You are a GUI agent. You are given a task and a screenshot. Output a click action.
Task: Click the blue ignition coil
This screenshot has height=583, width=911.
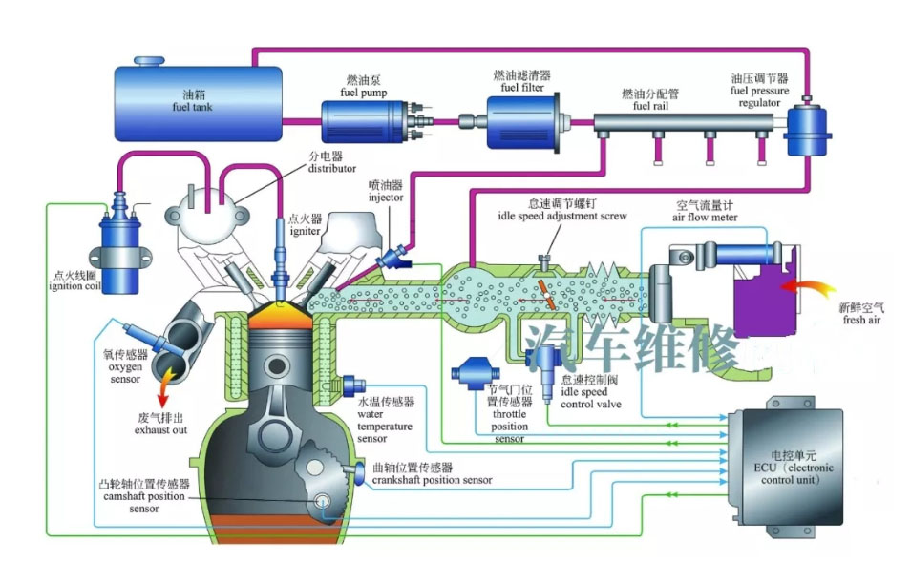tap(119, 253)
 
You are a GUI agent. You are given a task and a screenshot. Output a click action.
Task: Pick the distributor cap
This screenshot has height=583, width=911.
tap(204, 211)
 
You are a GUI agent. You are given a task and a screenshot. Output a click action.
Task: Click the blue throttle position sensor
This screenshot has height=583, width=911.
tap(473, 373)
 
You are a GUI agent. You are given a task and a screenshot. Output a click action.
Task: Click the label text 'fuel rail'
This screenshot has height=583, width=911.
tap(649, 106)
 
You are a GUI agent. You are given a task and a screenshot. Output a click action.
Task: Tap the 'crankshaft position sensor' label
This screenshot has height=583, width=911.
tap(433, 480)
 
